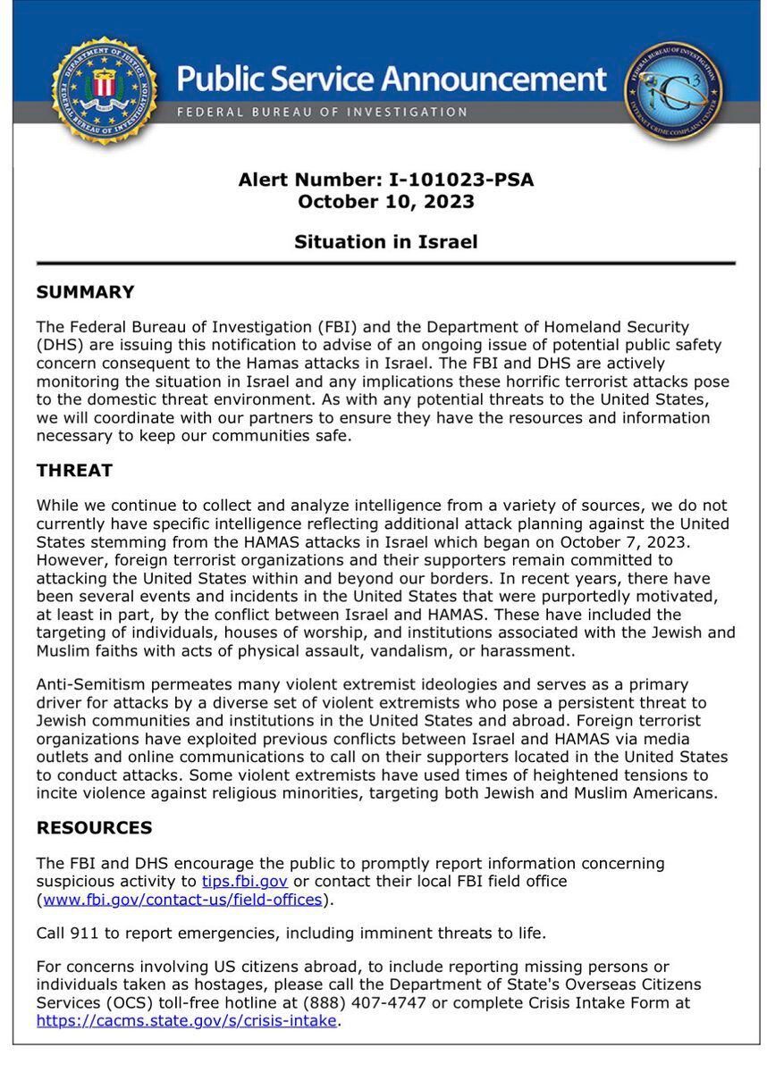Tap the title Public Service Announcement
(x=392, y=79)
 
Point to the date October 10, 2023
(x=385, y=201)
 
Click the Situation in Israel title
(x=385, y=241)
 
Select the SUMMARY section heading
(x=85, y=292)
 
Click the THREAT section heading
(x=74, y=470)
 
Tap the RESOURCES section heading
(x=94, y=827)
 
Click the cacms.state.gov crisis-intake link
(x=187, y=1020)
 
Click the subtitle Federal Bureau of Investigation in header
(x=322, y=113)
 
